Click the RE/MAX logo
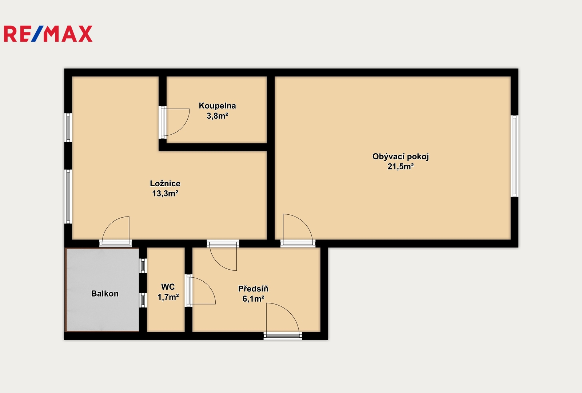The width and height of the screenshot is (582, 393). tap(48, 34)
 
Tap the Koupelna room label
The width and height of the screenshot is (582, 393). tap(218, 106)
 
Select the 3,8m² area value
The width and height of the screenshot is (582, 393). tap(218, 116)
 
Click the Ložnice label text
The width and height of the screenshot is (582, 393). tap(165, 183)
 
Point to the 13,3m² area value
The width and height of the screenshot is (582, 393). tap(165, 194)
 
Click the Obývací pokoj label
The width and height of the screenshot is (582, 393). tap(400, 157)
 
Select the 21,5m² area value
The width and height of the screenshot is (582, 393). tap(400, 167)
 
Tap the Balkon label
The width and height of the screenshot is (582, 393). tap(105, 294)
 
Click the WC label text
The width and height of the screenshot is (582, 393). tap(168, 287)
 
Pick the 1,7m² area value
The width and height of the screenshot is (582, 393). tap(168, 297)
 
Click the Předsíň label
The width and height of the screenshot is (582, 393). tap(253, 289)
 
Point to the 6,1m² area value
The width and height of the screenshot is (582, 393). tap(253, 299)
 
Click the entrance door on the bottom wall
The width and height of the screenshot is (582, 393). tap(283, 336)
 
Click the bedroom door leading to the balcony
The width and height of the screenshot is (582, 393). tap(116, 243)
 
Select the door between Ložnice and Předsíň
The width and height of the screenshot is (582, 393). tap(223, 243)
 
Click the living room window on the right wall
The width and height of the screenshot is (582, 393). tap(514, 156)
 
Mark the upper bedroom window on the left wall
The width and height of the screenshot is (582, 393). tap(68, 128)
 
